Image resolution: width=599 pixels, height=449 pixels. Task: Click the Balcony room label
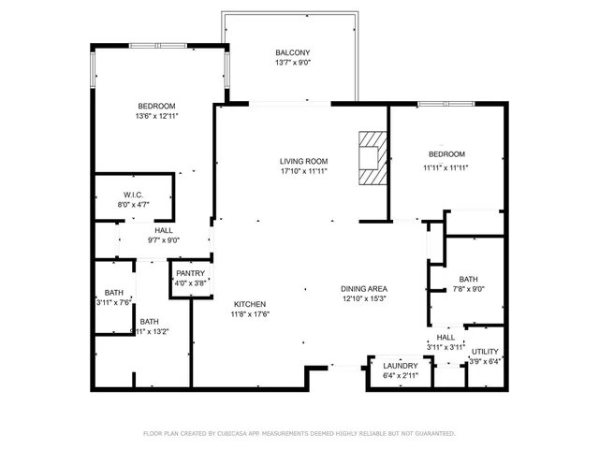tap(292, 52)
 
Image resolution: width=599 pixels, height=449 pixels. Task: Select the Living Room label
tap(303, 161)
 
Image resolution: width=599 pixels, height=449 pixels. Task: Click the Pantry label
tap(185, 273)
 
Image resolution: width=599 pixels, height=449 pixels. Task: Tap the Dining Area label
tap(364, 288)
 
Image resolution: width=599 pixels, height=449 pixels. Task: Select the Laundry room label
tap(401, 365)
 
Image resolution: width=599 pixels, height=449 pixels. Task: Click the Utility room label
tap(484, 351)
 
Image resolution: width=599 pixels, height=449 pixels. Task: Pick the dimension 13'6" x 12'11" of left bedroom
tap(156, 116)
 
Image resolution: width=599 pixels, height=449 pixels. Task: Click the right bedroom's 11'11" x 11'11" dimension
tap(446, 167)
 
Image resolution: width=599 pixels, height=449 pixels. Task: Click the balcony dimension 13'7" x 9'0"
tap(292, 63)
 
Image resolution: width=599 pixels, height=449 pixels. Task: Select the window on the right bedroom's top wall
tap(446, 103)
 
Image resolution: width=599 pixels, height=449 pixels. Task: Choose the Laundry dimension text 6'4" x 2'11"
tap(401, 375)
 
